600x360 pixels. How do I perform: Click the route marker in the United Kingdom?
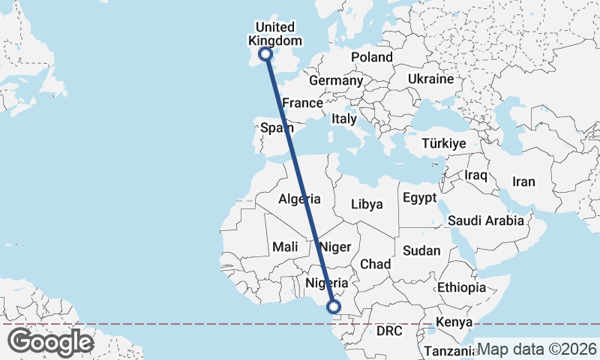[x=265, y=53]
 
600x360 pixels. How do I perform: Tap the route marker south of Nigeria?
[x=334, y=306]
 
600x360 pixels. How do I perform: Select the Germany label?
[x=336, y=80]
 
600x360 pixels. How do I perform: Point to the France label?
[x=302, y=103]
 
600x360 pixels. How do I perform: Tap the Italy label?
[x=344, y=118]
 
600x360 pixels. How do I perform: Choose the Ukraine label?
[x=431, y=79]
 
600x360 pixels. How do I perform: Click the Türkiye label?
[x=444, y=143]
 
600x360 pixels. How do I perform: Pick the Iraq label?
[x=476, y=175]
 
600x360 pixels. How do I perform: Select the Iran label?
[x=523, y=181]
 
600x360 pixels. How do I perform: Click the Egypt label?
[x=419, y=198]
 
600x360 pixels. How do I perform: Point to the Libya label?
[x=367, y=204]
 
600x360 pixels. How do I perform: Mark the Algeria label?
[x=300, y=199]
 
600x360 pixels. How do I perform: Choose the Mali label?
[x=285, y=246]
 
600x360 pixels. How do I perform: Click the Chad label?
[x=376, y=264]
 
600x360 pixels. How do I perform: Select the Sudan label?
[x=421, y=250]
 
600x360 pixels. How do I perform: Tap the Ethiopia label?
[x=462, y=287]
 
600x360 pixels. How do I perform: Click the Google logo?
[x=50, y=342]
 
